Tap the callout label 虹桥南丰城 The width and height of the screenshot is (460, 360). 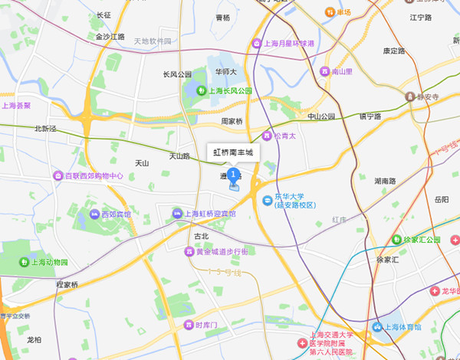pos(234,152)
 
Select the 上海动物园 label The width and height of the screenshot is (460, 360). pos(49,263)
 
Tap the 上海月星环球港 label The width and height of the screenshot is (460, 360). pos(288,44)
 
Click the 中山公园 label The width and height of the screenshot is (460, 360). pos(321,116)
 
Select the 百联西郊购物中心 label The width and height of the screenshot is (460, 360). pos(94,175)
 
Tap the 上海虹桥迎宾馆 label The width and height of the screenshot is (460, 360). pos(209,214)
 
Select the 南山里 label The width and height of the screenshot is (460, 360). pos(341,71)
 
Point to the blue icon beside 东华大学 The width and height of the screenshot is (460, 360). pos(266,201)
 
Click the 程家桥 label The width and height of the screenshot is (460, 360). pos(67,284)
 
